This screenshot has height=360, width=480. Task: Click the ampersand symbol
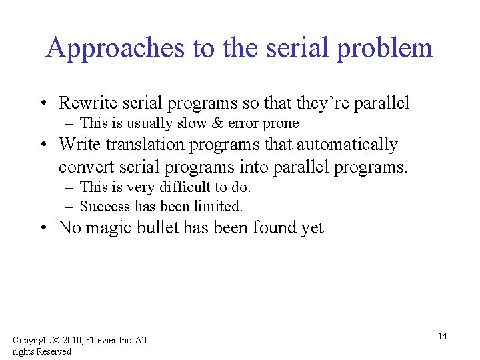click(217, 123)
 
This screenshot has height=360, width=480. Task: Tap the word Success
click(105, 206)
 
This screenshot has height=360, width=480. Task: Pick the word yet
click(311, 228)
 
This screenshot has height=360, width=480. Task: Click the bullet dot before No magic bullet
click(43, 229)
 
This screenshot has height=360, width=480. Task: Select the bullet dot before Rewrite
click(43, 103)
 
